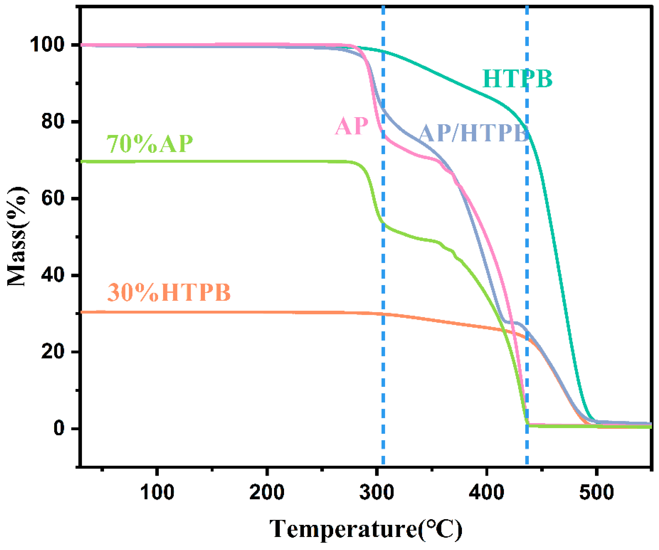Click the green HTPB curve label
pyautogui.click(x=517, y=78)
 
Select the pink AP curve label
pyautogui.click(x=351, y=126)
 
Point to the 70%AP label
pyautogui.click(x=150, y=144)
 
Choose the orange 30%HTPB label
pyautogui.click(x=169, y=292)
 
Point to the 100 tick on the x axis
pyautogui.click(x=157, y=492)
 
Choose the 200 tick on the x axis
pyautogui.click(x=267, y=492)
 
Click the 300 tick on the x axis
pyautogui.click(x=377, y=492)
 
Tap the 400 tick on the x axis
pyautogui.click(x=486, y=492)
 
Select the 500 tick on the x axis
pyautogui.click(x=596, y=492)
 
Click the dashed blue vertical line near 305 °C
pyautogui.click(x=383, y=283)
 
